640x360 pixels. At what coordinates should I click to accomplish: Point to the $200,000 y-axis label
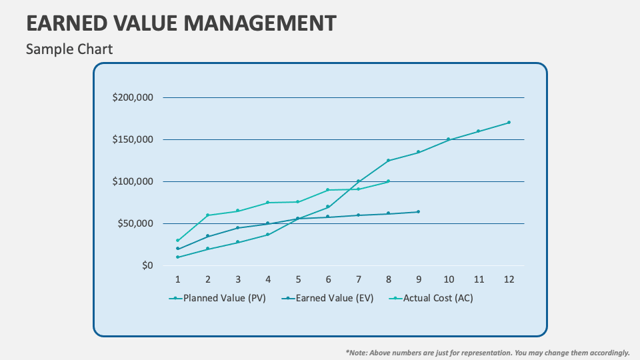tap(133, 97)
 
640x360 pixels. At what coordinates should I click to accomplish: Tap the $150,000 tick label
tap(133, 139)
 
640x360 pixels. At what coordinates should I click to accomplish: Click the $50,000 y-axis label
tap(135, 223)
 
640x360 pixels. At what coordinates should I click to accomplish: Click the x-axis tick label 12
tap(509, 279)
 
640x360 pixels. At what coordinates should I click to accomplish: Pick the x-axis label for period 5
tap(298, 279)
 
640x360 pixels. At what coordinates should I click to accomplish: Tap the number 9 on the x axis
tap(418, 279)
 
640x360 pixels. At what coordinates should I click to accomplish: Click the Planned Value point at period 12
tap(509, 123)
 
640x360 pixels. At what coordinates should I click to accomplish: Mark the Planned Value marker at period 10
tap(449, 139)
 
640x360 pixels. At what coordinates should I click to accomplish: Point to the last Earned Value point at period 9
tap(418, 212)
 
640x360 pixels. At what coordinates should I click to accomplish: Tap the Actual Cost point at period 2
tap(207, 215)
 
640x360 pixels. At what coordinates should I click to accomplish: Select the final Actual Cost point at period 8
tap(388, 181)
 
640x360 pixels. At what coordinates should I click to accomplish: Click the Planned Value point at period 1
tap(177, 257)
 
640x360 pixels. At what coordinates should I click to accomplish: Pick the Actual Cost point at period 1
tap(177, 241)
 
